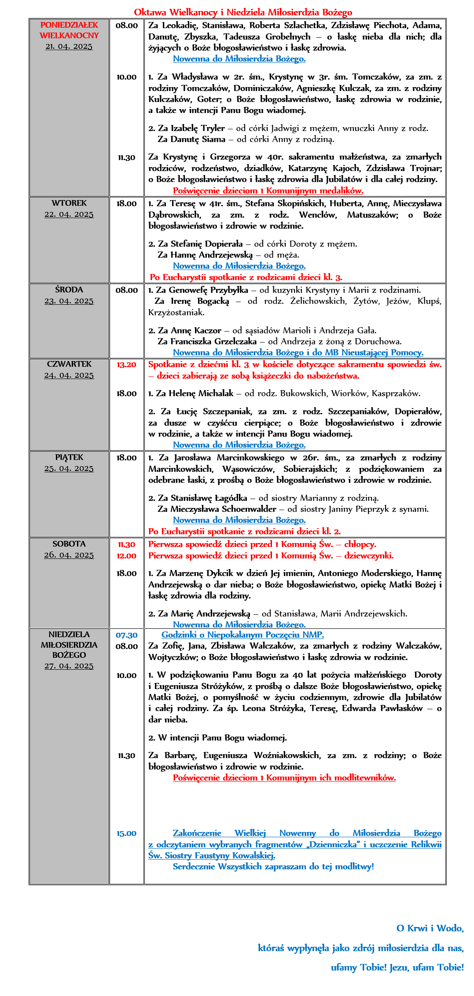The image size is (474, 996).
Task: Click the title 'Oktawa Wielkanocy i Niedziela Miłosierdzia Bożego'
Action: [x=243, y=12]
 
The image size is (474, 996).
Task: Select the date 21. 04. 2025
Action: [x=69, y=46]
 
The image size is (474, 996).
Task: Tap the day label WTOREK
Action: [x=69, y=203]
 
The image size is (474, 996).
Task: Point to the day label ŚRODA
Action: [x=69, y=290]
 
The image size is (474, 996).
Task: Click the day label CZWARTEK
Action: [x=69, y=364]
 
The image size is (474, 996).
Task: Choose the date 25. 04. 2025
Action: [x=69, y=468]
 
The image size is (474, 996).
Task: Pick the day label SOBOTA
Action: [x=69, y=544]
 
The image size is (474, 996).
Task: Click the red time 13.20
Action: [x=126, y=365]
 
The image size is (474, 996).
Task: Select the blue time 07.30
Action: [x=126, y=635]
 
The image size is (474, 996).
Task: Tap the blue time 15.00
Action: [x=126, y=833]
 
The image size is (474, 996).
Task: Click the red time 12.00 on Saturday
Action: [x=126, y=556]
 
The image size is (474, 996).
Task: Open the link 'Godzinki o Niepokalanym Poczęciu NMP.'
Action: [x=243, y=635]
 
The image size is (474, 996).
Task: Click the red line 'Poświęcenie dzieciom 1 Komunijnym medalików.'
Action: [x=268, y=190]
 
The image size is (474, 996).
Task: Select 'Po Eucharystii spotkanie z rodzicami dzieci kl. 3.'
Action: [x=246, y=277]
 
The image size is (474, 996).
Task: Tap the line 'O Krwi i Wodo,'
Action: [x=430, y=928]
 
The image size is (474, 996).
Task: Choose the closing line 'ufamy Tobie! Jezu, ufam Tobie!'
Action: [x=397, y=967]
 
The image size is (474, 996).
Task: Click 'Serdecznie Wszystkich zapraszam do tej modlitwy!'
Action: [x=273, y=866]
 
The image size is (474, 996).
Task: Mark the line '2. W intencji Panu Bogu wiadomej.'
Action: [x=217, y=737]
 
